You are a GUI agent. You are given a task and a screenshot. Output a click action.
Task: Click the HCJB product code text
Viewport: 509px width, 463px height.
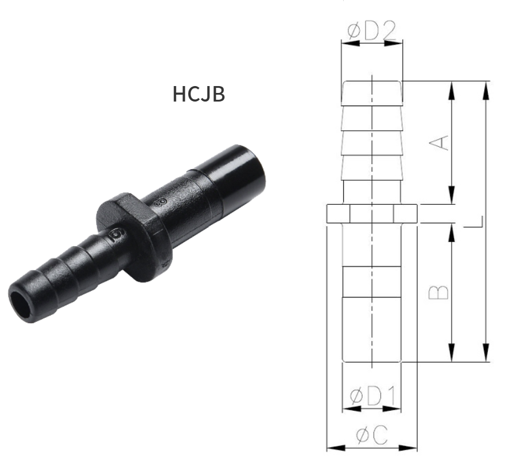199,94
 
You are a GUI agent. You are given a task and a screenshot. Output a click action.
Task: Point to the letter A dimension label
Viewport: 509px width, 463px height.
440,142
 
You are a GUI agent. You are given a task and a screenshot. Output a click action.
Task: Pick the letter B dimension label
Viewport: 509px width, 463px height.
440,292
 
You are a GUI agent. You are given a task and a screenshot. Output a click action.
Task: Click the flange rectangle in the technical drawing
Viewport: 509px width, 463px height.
372,213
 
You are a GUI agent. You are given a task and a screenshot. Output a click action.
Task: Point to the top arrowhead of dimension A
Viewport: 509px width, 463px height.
453,87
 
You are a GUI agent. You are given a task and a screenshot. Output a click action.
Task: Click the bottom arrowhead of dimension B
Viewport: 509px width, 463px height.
453,355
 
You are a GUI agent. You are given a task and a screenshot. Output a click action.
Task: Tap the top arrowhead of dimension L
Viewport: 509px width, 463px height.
487,87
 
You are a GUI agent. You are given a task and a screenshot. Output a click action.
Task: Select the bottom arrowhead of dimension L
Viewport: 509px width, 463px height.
487,355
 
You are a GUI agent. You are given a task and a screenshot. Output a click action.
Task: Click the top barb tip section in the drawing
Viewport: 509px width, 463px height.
372,93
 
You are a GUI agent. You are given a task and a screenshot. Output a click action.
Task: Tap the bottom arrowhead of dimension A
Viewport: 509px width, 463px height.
453,197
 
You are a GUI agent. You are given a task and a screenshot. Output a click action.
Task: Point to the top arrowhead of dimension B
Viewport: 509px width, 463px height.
453,229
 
